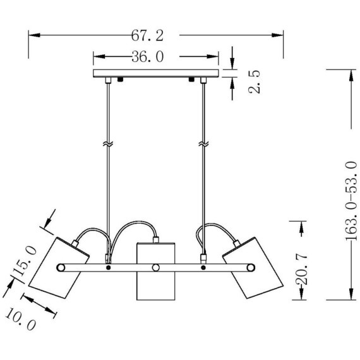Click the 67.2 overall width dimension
point(147,36)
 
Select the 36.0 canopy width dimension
point(147,57)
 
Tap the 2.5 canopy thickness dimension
point(255,81)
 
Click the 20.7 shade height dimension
point(301,269)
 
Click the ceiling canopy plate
point(155,73)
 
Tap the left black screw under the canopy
point(120,80)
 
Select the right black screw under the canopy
point(191,80)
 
